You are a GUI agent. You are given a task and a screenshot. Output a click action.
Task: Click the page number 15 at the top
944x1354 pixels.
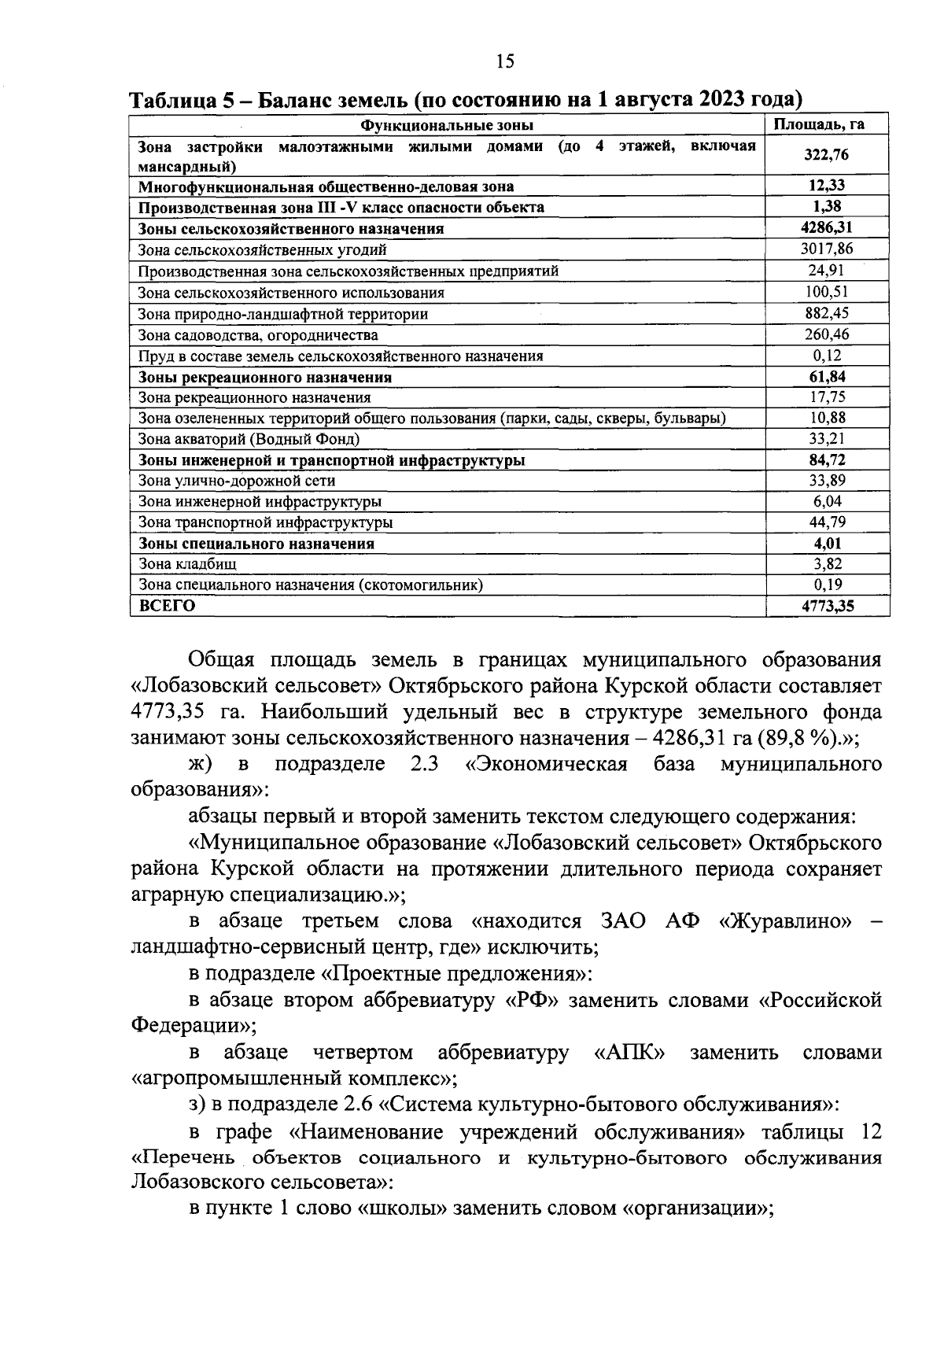(x=505, y=61)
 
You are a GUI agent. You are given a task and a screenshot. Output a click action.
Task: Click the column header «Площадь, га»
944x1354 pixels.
(x=826, y=125)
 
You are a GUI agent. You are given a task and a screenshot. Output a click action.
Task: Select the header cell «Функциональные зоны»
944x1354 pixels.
(x=447, y=125)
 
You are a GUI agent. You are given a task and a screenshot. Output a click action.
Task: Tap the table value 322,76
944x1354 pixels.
(x=826, y=155)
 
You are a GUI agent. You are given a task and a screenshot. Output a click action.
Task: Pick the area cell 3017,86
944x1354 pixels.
(x=826, y=249)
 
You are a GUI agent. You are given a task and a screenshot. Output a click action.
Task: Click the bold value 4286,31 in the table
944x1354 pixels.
(x=826, y=228)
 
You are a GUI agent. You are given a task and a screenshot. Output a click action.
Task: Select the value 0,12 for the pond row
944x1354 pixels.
(x=826, y=356)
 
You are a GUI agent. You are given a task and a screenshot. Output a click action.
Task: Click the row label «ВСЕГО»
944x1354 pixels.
(x=166, y=606)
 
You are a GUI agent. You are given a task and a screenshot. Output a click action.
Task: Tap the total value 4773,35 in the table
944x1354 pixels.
(x=826, y=606)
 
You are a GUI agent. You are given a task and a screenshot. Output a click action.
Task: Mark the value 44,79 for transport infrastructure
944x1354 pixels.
(x=826, y=522)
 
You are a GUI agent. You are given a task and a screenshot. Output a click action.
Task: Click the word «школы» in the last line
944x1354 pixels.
(x=403, y=1208)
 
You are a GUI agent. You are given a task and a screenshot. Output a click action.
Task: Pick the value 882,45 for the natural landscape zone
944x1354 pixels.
(x=826, y=313)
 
